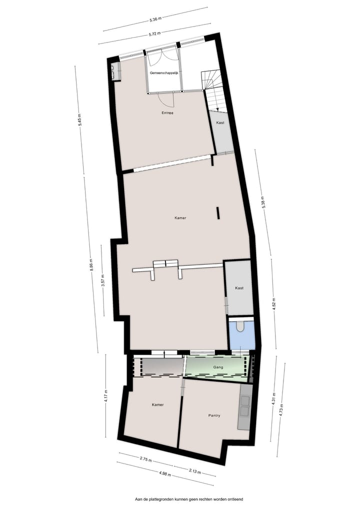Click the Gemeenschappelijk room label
164,73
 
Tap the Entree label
167,113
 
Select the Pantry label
214,416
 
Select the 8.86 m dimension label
91,264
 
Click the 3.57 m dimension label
103,280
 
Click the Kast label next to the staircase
220,123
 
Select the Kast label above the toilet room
239,288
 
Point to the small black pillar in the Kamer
218,213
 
